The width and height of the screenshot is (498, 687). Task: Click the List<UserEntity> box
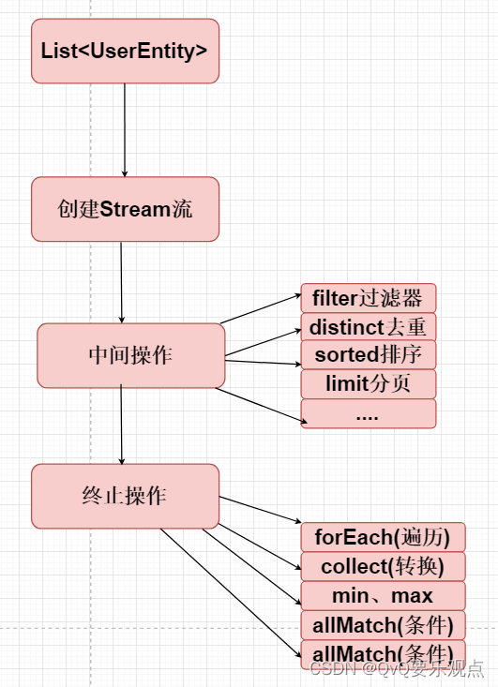125,51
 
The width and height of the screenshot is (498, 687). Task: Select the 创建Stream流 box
125,209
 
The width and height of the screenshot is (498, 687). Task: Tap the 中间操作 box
130,355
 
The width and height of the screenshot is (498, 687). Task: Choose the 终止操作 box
125,496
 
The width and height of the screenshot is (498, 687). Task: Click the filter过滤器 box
368,299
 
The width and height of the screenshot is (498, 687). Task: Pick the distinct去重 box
368,327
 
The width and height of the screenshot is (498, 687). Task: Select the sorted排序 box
368,355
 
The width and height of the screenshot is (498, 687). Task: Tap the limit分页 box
368,384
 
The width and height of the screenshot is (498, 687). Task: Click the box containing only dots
368,413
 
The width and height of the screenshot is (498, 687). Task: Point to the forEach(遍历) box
383,537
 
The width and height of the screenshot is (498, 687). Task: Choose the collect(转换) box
383,566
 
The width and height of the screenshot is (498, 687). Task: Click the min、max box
383,595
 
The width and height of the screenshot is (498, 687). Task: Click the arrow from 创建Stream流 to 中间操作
122,281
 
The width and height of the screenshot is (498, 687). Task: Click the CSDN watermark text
395,668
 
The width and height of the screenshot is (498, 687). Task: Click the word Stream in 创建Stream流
136,209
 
